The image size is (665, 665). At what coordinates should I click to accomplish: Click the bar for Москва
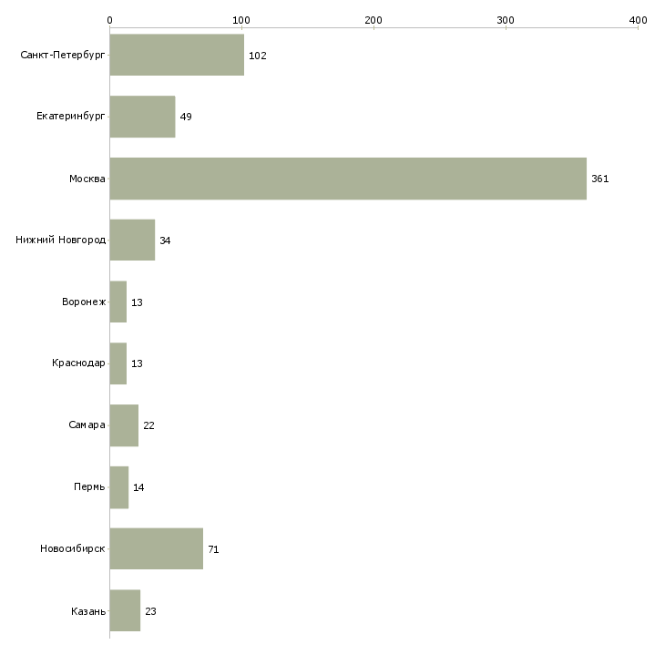[348, 179]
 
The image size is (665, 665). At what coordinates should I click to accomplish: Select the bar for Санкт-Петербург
[177, 56]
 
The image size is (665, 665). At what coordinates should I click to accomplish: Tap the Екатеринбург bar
[142, 117]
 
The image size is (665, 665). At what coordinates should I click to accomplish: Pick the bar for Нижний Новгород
[132, 240]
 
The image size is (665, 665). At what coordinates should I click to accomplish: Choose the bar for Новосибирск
[156, 548]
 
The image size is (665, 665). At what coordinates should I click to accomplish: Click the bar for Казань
[125, 610]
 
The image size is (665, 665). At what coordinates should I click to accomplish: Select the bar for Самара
[124, 425]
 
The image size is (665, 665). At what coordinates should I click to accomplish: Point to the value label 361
[599, 179]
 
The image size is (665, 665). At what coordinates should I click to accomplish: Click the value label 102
[257, 56]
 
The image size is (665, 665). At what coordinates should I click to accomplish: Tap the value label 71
[213, 549]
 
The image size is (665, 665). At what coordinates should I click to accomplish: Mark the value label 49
[186, 118]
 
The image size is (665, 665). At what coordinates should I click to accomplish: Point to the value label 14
[138, 487]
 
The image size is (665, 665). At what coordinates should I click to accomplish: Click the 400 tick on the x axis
[638, 19]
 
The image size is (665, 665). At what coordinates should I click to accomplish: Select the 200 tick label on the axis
[373, 19]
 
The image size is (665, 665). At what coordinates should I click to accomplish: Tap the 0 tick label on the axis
[109, 19]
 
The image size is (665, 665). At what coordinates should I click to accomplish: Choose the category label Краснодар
[78, 363]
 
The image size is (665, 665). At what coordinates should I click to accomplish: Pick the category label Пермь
[89, 487]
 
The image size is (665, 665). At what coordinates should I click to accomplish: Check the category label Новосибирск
[72, 549]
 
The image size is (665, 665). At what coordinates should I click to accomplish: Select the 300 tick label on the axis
[506, 19]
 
